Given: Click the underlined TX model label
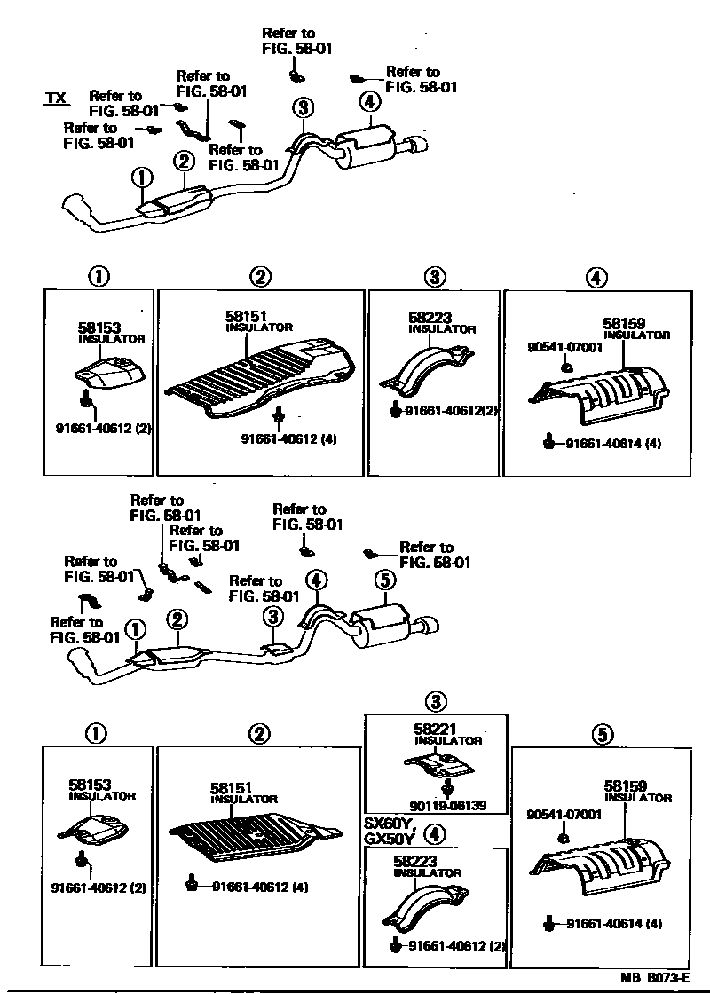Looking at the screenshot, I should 56,99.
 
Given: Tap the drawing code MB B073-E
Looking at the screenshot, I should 654,976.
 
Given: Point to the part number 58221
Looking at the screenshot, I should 433,729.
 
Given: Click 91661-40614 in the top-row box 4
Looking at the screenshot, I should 613,443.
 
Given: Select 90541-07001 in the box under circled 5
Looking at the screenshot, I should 564,814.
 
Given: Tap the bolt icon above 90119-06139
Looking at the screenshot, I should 447,787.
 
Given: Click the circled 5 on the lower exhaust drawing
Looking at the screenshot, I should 383,580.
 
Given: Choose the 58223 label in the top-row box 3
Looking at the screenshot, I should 426,316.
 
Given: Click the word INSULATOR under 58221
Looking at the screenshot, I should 448,740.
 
